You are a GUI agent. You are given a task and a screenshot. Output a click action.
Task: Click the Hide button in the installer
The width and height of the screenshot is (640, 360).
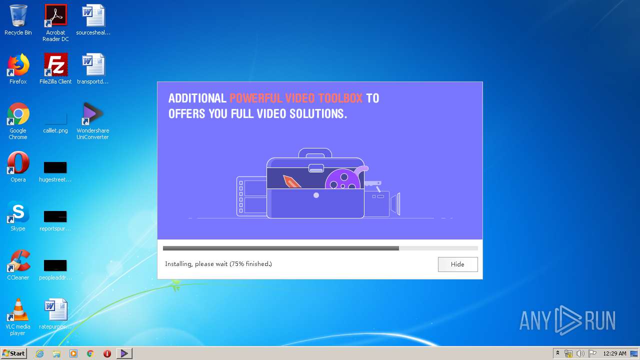[x=457, y=264]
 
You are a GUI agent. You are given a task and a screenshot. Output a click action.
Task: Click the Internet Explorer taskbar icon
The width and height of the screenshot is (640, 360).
[x=40, y=353]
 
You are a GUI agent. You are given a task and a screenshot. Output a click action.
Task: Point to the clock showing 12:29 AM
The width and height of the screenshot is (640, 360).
[x=614, y=353]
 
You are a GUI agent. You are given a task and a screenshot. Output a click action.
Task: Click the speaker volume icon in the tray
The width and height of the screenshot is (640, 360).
[x=580, y=353]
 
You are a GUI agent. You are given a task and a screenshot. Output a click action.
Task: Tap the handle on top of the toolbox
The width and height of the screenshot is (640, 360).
[x=315, y=151]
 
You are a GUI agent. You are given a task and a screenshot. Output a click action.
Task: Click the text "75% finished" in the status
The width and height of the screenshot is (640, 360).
[x=250, y=264]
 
